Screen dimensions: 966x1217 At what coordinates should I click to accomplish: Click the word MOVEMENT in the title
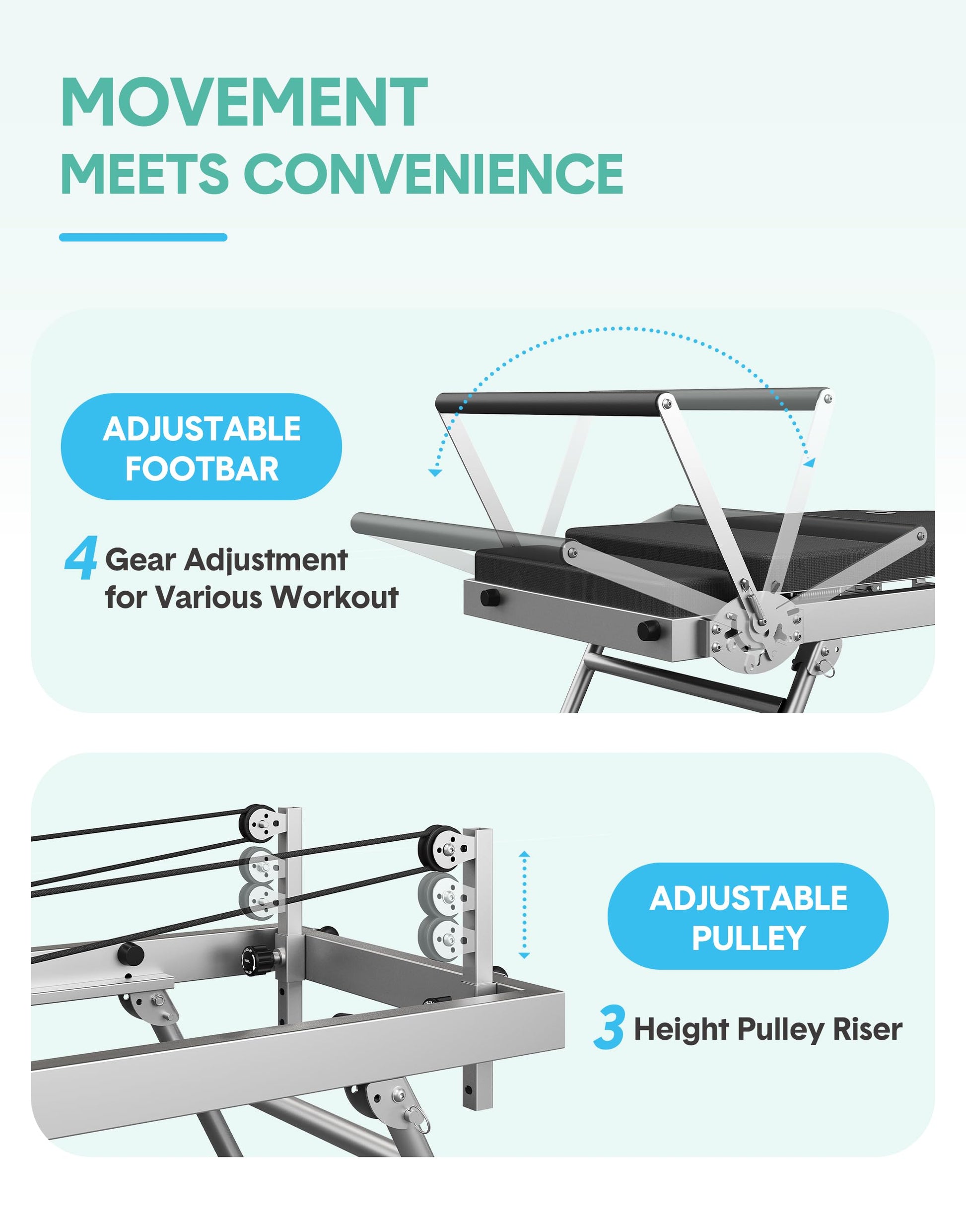[244, 103]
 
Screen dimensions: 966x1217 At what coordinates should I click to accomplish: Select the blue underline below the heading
[143, 238]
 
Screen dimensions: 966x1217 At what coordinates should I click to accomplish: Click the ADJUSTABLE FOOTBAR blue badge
[201, 447]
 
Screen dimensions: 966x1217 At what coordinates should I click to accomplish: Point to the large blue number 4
[81, 558]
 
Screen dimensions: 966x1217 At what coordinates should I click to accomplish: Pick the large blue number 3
[609, 1027]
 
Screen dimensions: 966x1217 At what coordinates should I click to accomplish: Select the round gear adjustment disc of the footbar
[756, 633]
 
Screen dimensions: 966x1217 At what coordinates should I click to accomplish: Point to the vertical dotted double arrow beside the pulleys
[524, 905]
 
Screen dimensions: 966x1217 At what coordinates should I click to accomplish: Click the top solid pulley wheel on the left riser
[259, 823]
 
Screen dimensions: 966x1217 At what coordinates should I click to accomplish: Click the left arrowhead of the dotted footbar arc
[435, 472]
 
